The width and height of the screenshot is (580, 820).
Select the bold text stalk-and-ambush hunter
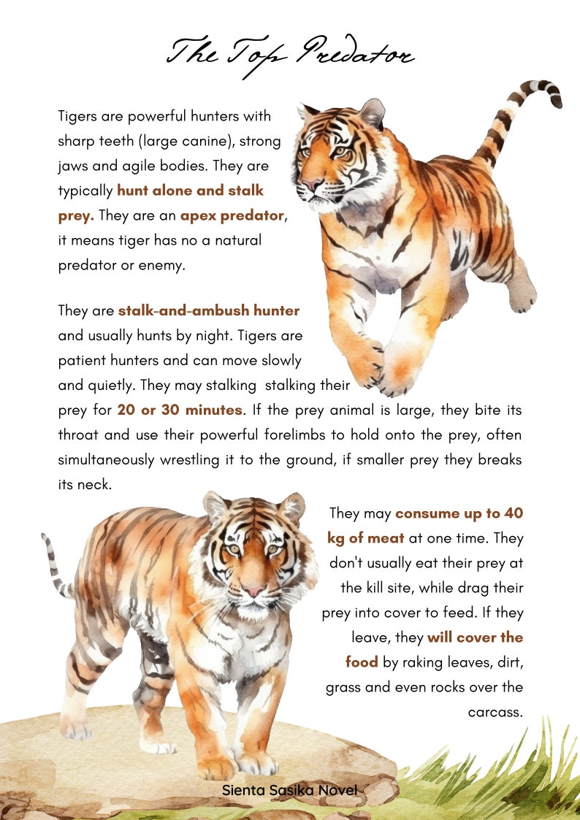(x=209, y=310)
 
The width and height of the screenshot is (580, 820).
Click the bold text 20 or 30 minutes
(x=179, y=410)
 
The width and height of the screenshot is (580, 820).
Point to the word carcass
(x=495, y=712)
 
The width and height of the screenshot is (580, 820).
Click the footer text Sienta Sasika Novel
(x=290, y=790)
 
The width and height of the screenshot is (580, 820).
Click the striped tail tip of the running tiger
(x=552, y=93)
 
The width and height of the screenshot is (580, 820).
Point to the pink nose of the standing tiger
(x=253, y=589)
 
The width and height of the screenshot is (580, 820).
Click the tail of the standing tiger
(x=55, y=562)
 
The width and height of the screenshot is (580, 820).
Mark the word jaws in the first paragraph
(x=73, y=166)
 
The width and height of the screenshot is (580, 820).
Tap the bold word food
(x=362, y=662)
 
